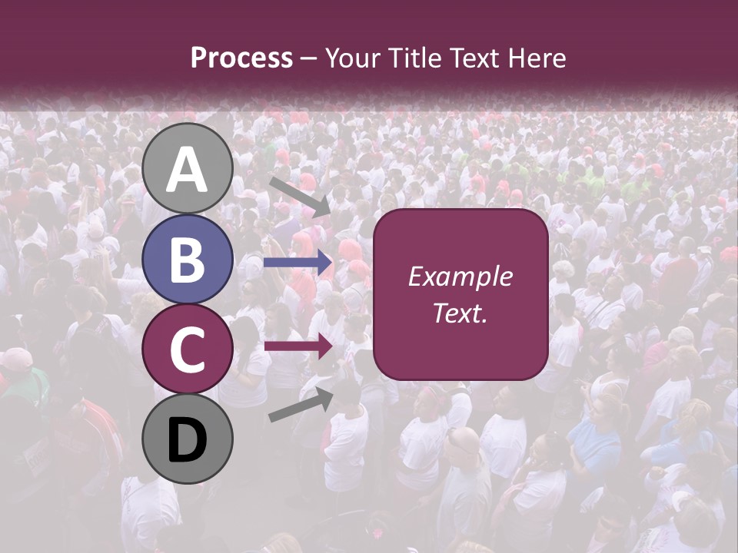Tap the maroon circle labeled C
187,349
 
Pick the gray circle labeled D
187,439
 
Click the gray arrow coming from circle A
300,196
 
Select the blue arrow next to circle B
298,263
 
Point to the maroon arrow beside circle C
298,346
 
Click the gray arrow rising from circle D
301,405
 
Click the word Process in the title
241,58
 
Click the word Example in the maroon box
460,277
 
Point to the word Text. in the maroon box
460,313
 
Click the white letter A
187,170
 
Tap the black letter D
187,442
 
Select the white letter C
187,350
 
